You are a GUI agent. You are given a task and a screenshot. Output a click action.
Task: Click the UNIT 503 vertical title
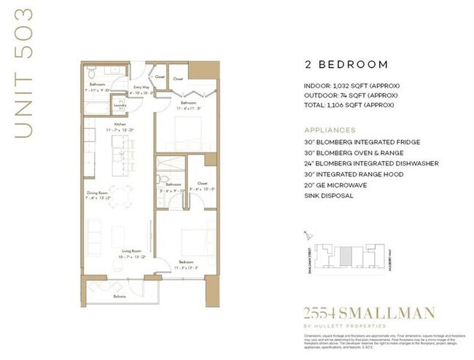coord(25,72)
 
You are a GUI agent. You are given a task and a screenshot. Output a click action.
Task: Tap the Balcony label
coord(119,297)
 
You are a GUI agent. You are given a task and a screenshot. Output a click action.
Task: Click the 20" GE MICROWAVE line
coord(336,185)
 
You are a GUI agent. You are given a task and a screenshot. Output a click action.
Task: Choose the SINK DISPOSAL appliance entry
coord(329,195)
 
